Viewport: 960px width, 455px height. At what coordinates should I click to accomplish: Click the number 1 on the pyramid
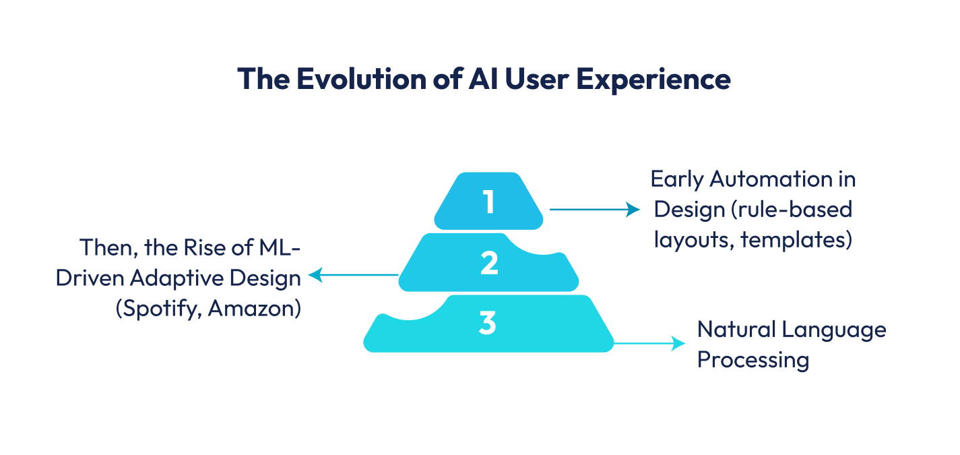tap(488, 202)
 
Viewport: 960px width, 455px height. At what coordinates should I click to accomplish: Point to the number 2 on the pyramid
tap(489, 264)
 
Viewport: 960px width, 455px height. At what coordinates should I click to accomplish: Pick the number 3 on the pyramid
tap(488, 324)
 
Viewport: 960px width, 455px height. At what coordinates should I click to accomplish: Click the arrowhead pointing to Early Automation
tap(633, 210)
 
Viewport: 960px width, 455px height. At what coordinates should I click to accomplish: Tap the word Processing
tap(753, 359)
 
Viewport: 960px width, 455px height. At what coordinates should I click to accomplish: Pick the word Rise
tap(204, 247)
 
